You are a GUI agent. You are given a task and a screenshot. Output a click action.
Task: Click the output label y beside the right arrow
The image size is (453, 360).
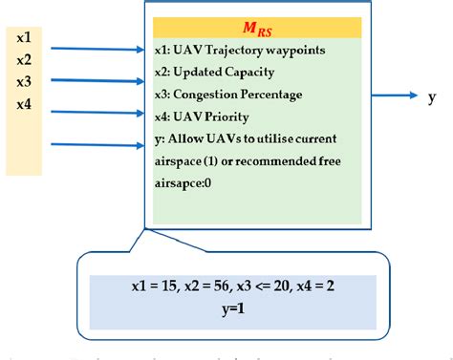(x=432, y=95)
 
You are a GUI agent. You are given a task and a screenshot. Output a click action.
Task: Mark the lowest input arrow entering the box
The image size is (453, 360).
(x=96, y=145)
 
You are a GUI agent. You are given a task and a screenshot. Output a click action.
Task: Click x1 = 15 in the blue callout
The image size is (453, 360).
(x=153, y=286)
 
